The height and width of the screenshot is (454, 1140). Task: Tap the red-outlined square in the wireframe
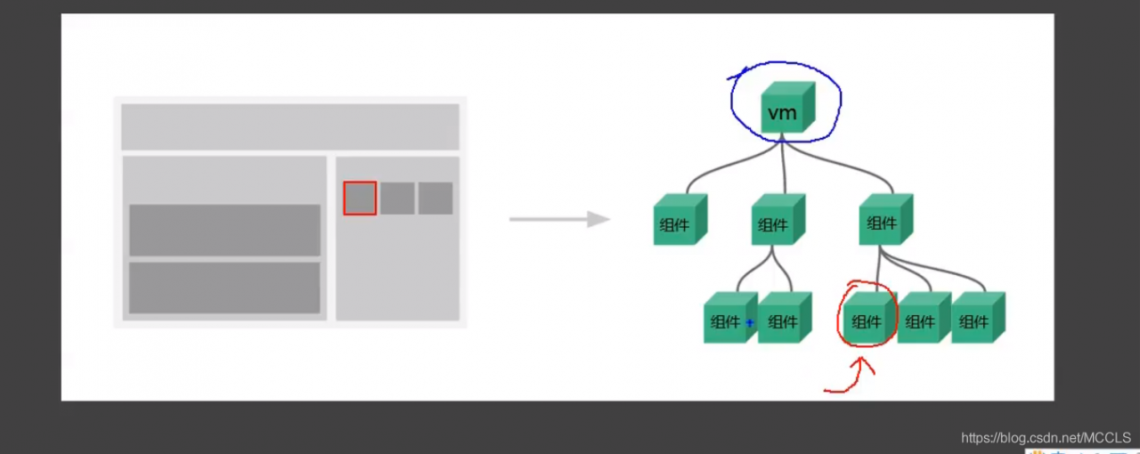click(360, 199)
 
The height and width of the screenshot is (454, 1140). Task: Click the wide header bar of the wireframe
click(289, 127)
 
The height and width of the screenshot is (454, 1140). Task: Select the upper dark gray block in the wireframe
click(224, 230)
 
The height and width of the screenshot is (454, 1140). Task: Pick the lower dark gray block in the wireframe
click(224, 287)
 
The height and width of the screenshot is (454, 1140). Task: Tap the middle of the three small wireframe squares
click(397, 199)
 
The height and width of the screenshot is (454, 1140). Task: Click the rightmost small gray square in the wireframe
click(436, 199)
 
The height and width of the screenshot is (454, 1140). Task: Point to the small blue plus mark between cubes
click(750, 322)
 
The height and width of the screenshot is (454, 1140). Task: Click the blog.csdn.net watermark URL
click(1046, 437)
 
